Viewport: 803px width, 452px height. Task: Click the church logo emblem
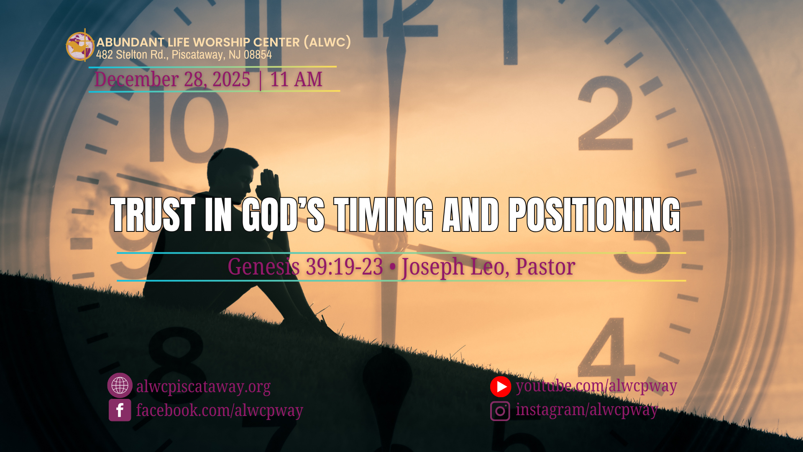80,46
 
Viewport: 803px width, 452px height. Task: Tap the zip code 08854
258,55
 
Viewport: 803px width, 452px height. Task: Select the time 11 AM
296,79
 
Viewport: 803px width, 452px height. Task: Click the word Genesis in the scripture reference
264,267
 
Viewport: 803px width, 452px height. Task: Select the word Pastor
545,267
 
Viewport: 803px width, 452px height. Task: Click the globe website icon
120,385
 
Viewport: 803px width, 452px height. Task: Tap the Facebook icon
120,410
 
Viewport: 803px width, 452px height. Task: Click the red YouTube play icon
501,387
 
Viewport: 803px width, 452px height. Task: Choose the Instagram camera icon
500,411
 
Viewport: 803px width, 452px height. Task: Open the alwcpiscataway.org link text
203,386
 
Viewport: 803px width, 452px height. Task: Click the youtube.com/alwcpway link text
596,386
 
